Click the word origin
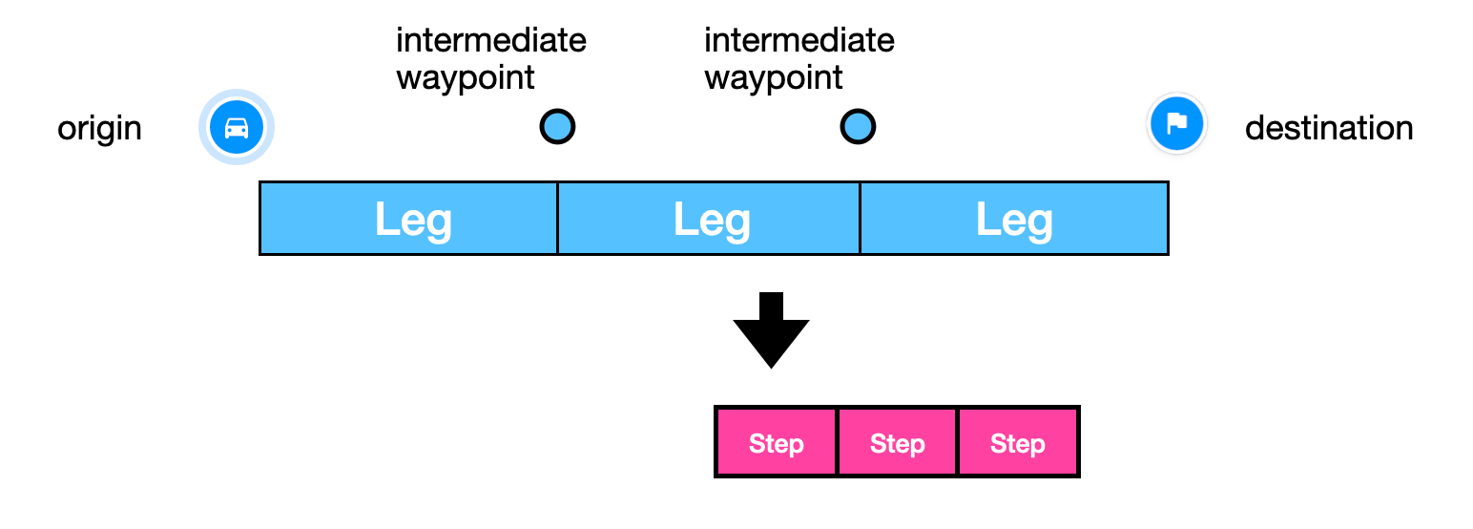(x=99, y=128)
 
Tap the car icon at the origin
(x=237, y=127)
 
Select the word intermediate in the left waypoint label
(x=490, y=40)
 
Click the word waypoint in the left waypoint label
(x=465, y=77)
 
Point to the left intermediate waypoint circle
(x=557, y=126)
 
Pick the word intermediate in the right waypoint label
(x=799, y=40)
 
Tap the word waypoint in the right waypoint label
(x=773, y=77)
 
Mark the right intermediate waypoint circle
(x=858, y=126)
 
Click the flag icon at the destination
(x=1176, y=124)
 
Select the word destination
(x=1328, y=128)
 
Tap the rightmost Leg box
(x=1013, y=219)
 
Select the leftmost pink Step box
(x=776, y=442)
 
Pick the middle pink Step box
(x=897, y=442)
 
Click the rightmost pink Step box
(x=1017, y=442)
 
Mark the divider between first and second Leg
(x=557, y=219)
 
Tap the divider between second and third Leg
(x=860, y=219)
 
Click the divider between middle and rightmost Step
(x=957, y=442)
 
